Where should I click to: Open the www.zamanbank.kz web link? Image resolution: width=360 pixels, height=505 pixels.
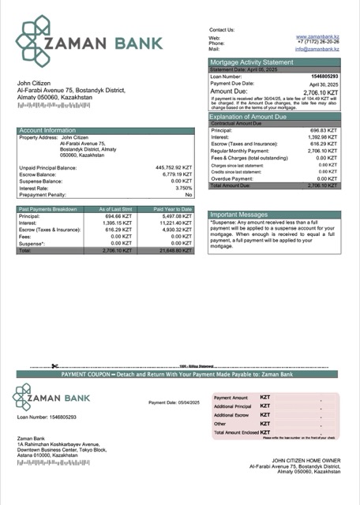coord(317,37)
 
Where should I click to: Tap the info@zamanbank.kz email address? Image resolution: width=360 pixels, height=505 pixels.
coord(317,49)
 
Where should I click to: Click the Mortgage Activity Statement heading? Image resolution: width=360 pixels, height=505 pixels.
coord(250,62)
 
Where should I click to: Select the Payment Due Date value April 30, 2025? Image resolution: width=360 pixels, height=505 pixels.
coord(323,84)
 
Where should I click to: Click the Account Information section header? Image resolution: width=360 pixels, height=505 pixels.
coord(47,130)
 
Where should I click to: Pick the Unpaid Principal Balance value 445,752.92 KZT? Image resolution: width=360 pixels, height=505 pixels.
coord(174,167)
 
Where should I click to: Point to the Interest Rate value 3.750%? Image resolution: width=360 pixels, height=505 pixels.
coord(183,188)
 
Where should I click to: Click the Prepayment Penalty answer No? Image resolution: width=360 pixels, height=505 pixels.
coord(189,194)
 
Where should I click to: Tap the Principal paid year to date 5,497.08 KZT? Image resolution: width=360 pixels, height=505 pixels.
coord(176,215)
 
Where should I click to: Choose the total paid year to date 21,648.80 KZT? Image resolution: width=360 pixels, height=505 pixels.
coord(175,250)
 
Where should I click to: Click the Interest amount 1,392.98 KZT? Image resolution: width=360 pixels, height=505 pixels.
coord(322,137)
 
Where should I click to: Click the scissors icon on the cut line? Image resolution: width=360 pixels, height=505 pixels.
coord(54,366)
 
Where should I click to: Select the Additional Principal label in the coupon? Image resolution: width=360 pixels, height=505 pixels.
coord(232,406)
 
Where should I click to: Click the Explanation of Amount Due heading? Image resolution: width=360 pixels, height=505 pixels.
coord(252,117)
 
